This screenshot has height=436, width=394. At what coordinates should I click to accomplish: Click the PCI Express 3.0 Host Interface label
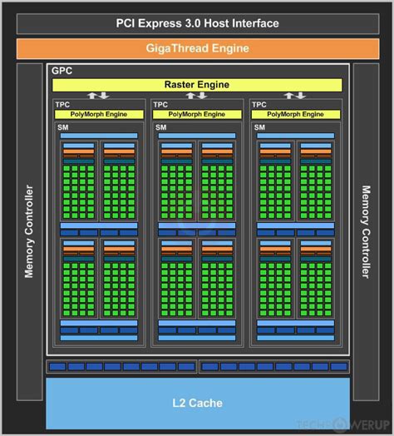(x=196, y=24)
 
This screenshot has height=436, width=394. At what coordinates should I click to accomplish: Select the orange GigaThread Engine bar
(x=196, y=48)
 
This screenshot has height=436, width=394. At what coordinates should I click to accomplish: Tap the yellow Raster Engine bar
(x=196, y=84)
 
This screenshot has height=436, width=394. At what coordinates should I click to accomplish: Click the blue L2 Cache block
(x=197, y=404)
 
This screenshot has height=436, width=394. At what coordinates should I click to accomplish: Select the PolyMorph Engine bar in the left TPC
(x=101, y=114)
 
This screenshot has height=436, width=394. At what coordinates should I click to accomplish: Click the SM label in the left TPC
(x=63, y=127)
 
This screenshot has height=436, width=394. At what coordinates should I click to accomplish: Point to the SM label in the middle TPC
(x=161, y=127)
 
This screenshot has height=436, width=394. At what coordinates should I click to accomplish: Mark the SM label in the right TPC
(x=259, y=127)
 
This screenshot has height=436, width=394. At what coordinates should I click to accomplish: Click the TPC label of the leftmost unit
(x=62, y=105)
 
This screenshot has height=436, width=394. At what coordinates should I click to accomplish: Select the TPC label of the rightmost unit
(x=259, y=105)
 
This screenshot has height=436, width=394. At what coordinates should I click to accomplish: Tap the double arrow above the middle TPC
(x=197, y=95)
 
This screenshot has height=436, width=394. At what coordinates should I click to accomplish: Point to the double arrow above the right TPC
(x=295, y=95)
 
